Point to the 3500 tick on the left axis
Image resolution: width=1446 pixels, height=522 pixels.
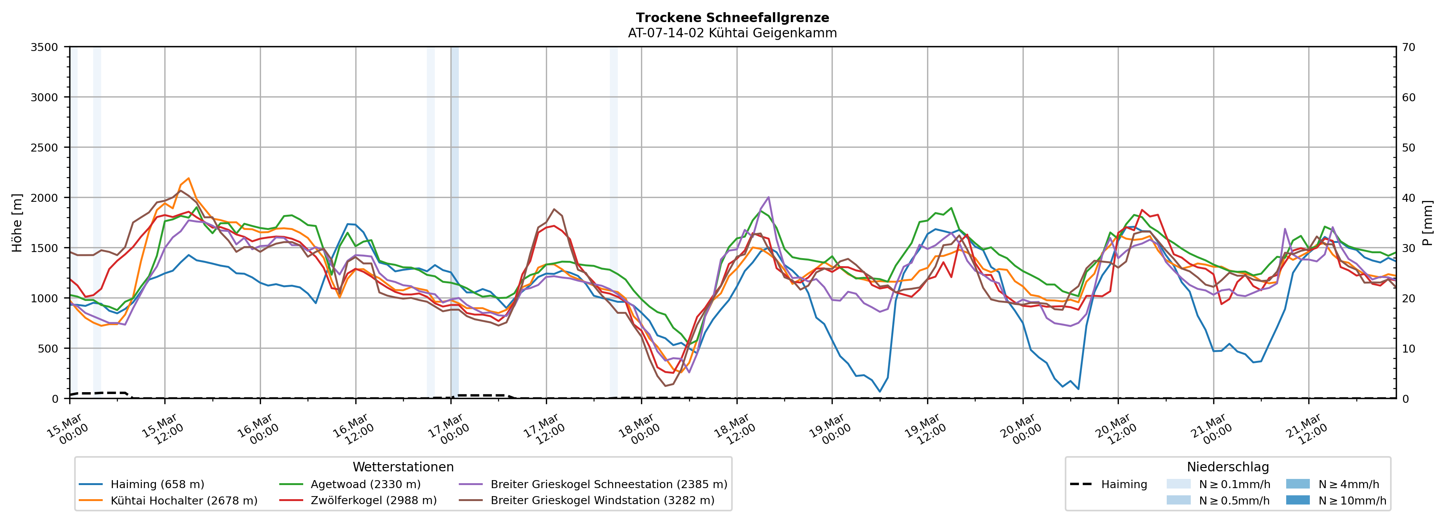[x=45, y=47]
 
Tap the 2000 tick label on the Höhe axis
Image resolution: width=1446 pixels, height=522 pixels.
[x=45, y=198]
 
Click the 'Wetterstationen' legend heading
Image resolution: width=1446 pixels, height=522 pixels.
[x=403, y=467]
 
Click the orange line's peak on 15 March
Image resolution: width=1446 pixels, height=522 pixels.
[x=189, y=178]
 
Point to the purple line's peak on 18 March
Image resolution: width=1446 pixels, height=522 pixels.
[x=768, y=197]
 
